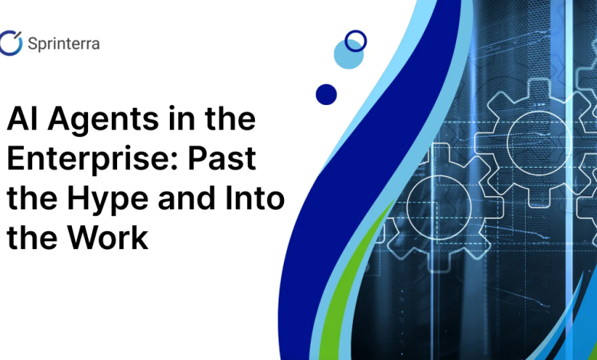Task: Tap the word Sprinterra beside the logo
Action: pos(64,44)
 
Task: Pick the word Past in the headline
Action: pos(222,158)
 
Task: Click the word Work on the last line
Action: pos(108,237)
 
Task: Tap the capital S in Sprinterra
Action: pos(34,44)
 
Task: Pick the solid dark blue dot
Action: pos(326,94)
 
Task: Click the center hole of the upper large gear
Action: pos(538,143)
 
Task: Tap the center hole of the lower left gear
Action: pos(439,208)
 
